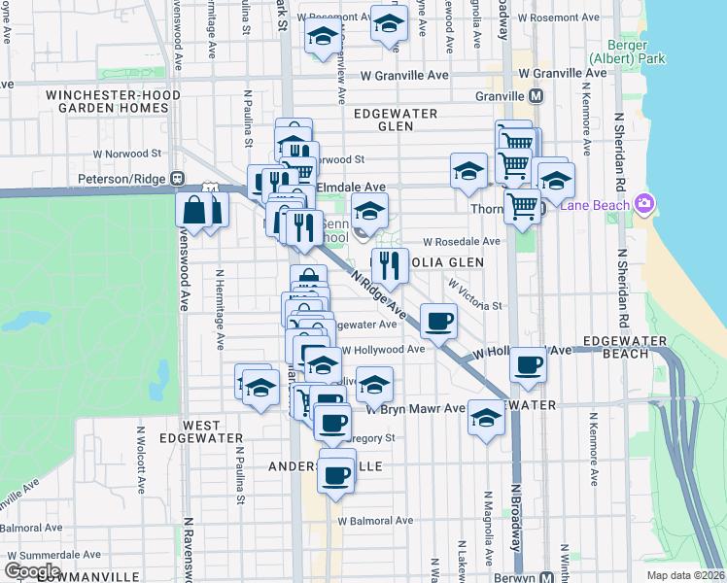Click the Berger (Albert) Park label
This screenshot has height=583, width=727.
636,51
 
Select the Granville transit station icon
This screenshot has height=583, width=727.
536,97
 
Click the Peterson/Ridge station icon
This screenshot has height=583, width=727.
178,179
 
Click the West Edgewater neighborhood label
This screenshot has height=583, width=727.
213,431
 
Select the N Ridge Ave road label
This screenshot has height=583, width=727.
378,291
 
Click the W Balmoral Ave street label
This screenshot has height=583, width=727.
375,521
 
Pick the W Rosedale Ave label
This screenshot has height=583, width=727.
461,242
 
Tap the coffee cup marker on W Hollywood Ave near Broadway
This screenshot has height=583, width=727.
528,365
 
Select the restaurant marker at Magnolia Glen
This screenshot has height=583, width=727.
389,264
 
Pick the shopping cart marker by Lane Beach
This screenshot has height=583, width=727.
523,206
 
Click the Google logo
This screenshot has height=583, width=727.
32,571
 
